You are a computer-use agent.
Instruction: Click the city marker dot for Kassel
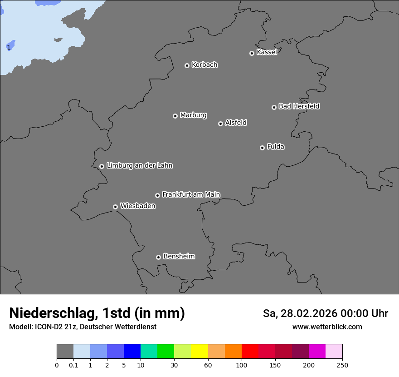coord(252,53)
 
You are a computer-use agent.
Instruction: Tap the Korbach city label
coord(204,64)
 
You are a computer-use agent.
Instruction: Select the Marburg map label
coord(193,115)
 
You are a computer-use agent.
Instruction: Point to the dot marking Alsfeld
coord(220,124)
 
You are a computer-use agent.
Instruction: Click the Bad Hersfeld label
coord(299,106)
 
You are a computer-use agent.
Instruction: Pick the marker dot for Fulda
coord(262,148)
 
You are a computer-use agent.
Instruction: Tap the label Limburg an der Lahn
coord(140,165)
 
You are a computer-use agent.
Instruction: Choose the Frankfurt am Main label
coord(191,194)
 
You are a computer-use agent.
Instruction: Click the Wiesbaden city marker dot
coord(115,207)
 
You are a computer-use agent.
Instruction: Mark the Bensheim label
coord(179,256)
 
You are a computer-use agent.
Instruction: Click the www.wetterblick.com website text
coord(327,327)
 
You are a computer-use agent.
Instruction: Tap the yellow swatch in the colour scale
coord(199,352)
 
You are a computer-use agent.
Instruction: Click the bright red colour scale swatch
coord(250,352)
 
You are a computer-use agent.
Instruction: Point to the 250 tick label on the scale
coord(342,365)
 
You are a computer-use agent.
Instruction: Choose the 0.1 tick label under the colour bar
coord(73,365)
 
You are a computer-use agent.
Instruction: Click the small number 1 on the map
coord(8,47)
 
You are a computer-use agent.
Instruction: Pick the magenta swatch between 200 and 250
coord(317,352)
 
